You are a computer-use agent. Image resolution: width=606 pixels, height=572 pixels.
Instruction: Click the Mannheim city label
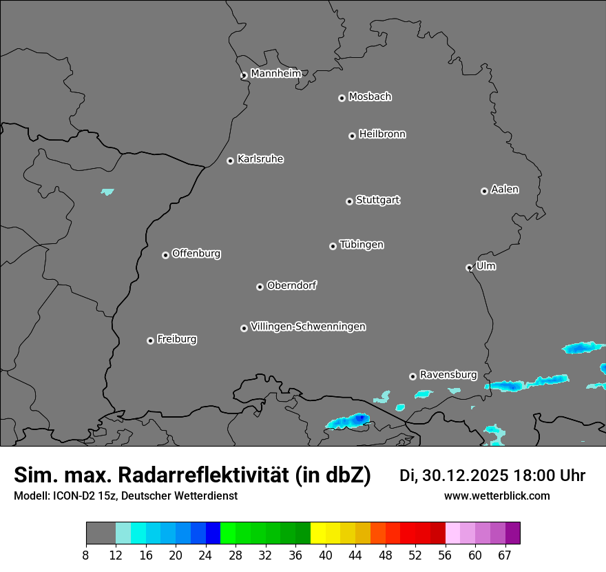tap(275, 74)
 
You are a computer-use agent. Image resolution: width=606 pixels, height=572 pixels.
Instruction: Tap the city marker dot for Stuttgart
tap(349, 201)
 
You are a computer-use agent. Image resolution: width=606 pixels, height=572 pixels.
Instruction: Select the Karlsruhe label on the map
tap(260, 159)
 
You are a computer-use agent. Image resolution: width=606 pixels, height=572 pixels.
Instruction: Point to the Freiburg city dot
tap(150, 340)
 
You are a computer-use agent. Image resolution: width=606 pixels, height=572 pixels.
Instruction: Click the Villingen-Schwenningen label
tap(308, 327)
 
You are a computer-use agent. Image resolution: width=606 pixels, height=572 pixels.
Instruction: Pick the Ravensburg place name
tap(448, 375)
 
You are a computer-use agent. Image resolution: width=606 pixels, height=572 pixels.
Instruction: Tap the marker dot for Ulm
tap(469, 267)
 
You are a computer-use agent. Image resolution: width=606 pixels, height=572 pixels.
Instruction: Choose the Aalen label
tap(505, 190)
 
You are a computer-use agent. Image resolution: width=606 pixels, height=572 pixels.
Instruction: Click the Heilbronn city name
tap(382, 134)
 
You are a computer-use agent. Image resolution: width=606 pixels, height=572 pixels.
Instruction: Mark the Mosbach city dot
tap(342, 98)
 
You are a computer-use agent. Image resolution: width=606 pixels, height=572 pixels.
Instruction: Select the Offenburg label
tap(196, 254)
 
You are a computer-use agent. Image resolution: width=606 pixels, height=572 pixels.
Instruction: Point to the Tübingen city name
tap(362, 245)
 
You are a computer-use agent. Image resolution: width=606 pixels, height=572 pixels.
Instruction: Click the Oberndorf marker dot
tap(260, 287)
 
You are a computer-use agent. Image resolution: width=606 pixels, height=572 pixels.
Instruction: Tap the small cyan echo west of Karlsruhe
tap(107, 192)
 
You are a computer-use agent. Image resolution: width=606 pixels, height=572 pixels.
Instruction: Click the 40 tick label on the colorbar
tap(326, 555)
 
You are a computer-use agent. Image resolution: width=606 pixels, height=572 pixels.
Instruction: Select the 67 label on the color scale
tap(505, 555)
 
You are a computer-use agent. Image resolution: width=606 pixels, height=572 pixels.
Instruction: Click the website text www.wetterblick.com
tap(497, 496)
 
